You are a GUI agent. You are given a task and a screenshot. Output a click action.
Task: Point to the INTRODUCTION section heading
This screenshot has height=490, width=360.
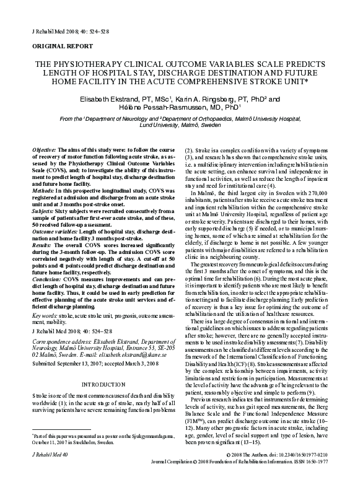coord(101,385)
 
